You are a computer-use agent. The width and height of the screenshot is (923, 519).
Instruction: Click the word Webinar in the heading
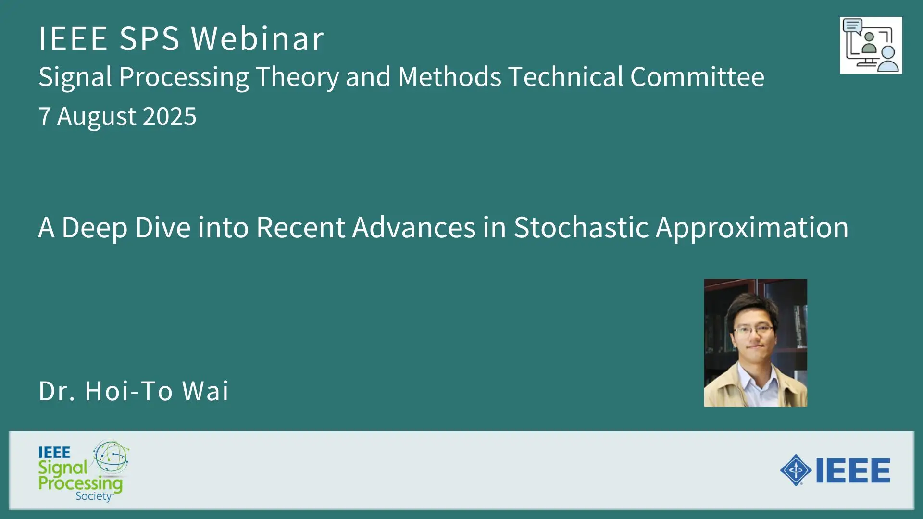258,38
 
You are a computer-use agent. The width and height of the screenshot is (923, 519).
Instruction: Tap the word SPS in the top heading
149,38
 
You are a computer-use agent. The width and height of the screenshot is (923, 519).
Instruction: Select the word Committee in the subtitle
697,77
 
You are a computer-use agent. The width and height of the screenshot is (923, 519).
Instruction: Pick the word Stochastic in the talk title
581,227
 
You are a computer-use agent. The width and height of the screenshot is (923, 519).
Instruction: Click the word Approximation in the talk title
752,228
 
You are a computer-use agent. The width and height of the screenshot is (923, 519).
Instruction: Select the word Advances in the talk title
414,227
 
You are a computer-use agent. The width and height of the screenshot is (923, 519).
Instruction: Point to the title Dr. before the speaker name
57,391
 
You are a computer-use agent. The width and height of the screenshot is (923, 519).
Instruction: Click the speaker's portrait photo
756,343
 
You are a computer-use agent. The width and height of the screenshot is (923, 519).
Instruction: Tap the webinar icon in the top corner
871,45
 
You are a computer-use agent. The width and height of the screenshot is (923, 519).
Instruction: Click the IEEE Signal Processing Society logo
84,471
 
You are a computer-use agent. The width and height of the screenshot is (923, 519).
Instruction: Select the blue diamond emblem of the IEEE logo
796,470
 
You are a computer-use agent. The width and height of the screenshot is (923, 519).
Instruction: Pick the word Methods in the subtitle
450,77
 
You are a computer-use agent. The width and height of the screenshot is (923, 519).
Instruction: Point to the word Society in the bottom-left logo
94,496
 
